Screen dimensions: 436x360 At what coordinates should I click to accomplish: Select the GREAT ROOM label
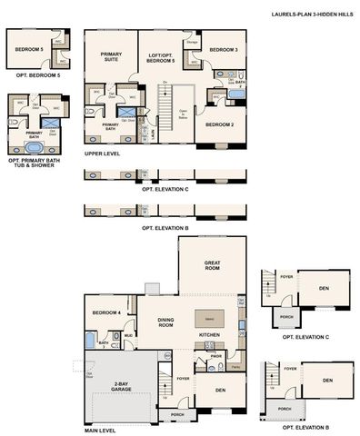pyautogui.click(x=213, y=265)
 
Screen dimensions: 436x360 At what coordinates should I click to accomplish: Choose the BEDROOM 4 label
pyautogui.click(x=105, y=313)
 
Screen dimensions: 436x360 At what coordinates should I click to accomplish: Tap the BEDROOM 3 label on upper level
pyautogui.click(x=224, y=50)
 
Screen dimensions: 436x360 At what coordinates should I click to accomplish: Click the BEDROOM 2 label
pyautogui.click(x=219, y=124)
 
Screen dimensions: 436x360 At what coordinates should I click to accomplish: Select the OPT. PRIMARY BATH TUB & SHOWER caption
pyautogui.click(x=35, y=164)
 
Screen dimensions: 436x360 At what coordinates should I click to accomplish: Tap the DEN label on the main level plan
pyautogui.click(x=220, y=391)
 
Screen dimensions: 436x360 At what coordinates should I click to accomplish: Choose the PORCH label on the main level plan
pyautogui.click(x=175, y=415)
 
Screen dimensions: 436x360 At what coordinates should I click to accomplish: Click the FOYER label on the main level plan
pyautogui.click(x=183, y=379)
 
